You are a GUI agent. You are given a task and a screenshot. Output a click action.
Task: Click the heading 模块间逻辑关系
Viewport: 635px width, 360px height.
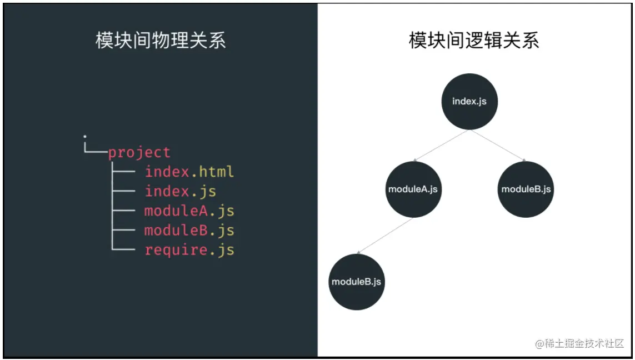pyautogui.click(x=474, y=41)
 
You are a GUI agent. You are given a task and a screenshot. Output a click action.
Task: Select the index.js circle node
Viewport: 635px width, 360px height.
pyautogui.click(x=469, y=102)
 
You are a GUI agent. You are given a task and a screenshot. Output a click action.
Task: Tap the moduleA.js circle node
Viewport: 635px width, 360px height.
pyautogui.click(x=413, y=189)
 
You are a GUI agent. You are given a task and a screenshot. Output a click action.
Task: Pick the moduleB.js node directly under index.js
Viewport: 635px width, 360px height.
pyautogui.click(x=526, y=189)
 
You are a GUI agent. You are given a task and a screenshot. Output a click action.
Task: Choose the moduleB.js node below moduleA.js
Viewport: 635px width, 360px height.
pyautogui.click(x=356, y=282)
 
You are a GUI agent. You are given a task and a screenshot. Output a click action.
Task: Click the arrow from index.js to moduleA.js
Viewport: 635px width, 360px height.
pyautogui.click(x=441, y=146)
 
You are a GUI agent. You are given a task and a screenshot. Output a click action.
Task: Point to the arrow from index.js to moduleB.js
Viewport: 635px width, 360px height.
pyautogui.click(x=498, y=146)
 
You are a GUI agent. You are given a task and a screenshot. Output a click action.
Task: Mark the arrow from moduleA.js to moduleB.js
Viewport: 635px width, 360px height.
pyautogui.click(x=384, y=236)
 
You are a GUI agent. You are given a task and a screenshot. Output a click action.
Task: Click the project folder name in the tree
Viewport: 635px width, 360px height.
pyautogui.click(x=139, y=152)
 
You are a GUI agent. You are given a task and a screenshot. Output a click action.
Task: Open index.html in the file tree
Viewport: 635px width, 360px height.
pyautogui.click(x=189, y=172)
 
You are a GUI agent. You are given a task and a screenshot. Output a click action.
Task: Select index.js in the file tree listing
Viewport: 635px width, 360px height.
pyautogui.click(x=181, y=191)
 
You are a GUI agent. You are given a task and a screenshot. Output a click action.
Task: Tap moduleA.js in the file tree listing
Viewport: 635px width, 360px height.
pyautogui.click(x=189, y=211)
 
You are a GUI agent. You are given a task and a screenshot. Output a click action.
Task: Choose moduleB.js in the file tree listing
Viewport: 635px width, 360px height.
pyautogui.click(x=189, y=230)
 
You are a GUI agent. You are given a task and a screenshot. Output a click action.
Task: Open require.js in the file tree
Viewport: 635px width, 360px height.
pyautogui.click(x=189, y=250)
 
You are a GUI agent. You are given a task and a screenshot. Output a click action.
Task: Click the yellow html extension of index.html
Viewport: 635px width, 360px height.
pyautogui.click(x=216, y=172)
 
